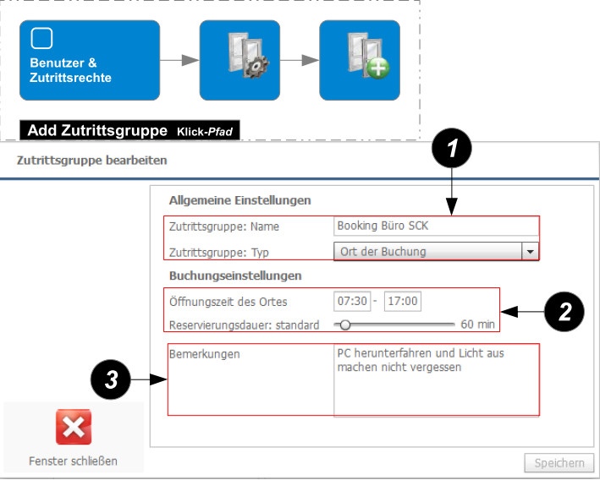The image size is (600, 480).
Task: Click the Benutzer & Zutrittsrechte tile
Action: point(90,60)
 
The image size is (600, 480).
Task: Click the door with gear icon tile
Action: point(239,60)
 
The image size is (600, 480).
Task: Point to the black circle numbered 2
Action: point(564,312)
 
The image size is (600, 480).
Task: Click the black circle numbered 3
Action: point(111,382)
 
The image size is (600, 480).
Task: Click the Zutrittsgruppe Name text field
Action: point(436,226)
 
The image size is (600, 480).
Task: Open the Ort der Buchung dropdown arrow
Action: point(530,251)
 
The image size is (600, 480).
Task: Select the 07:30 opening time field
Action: point(351,302)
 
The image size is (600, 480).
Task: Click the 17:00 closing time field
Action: point(403,302)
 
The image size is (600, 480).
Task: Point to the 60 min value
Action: point(477,325)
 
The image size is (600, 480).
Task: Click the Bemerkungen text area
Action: point(436,380)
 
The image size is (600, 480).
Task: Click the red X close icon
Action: point(74,428)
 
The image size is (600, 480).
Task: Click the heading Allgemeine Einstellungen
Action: point(240,200)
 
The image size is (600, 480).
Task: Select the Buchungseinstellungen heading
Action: point(235,275)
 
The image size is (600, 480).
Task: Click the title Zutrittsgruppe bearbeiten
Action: point(92,160)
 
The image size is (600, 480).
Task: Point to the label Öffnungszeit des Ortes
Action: point(228,303)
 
